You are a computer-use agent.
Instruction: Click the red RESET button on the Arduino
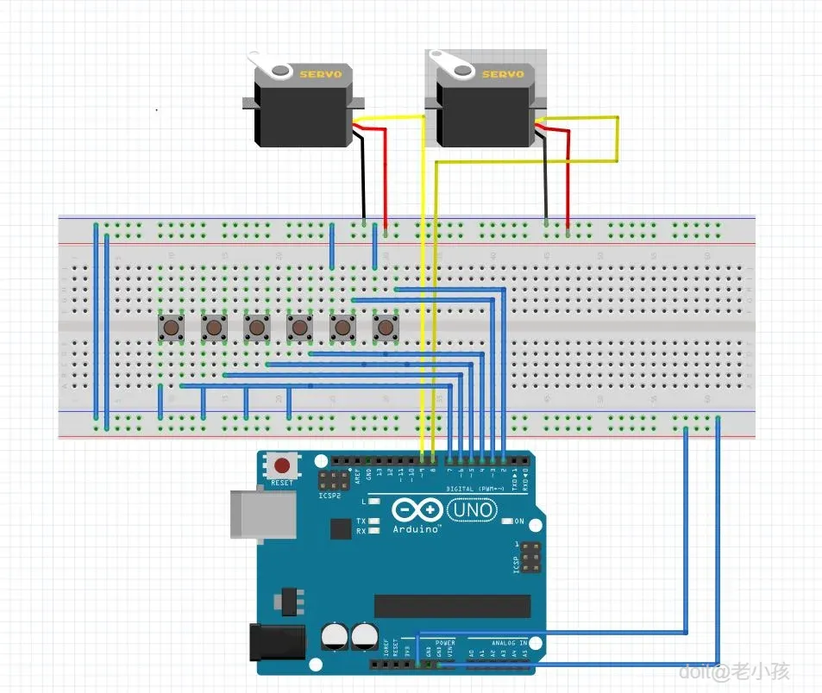pyautogui.click(x=281, y=466)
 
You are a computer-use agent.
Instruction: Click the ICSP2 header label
pyautogui.click(x=328, y=496)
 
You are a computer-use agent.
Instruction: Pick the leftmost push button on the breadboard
pyautogui.click(x=171, y=328)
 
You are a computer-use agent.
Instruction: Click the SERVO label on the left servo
pyautogui.click(x=320, y=75)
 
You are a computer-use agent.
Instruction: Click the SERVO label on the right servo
pyautogui.click(x=502, y=75)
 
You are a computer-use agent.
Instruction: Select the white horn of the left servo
pyautogui.click(x=268, y=65)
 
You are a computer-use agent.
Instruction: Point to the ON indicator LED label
pyautogui.click(x=519, y=521)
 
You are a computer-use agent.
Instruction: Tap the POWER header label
pyautogui.click(x=445, y=643)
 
